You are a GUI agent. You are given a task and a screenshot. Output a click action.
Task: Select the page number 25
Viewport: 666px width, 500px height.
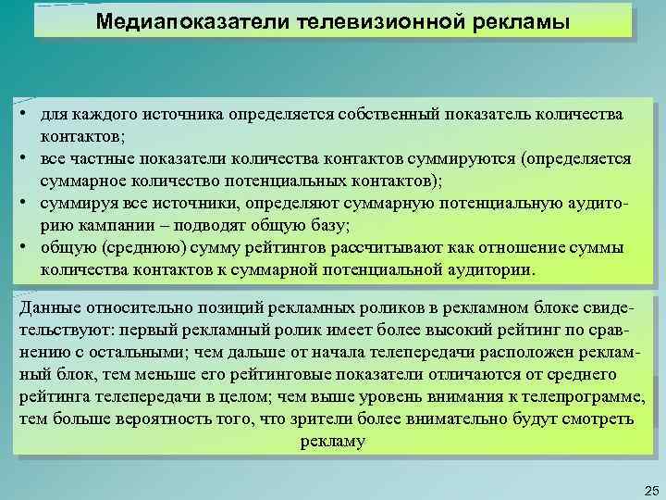pyautogui.click(x=649, y=489)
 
